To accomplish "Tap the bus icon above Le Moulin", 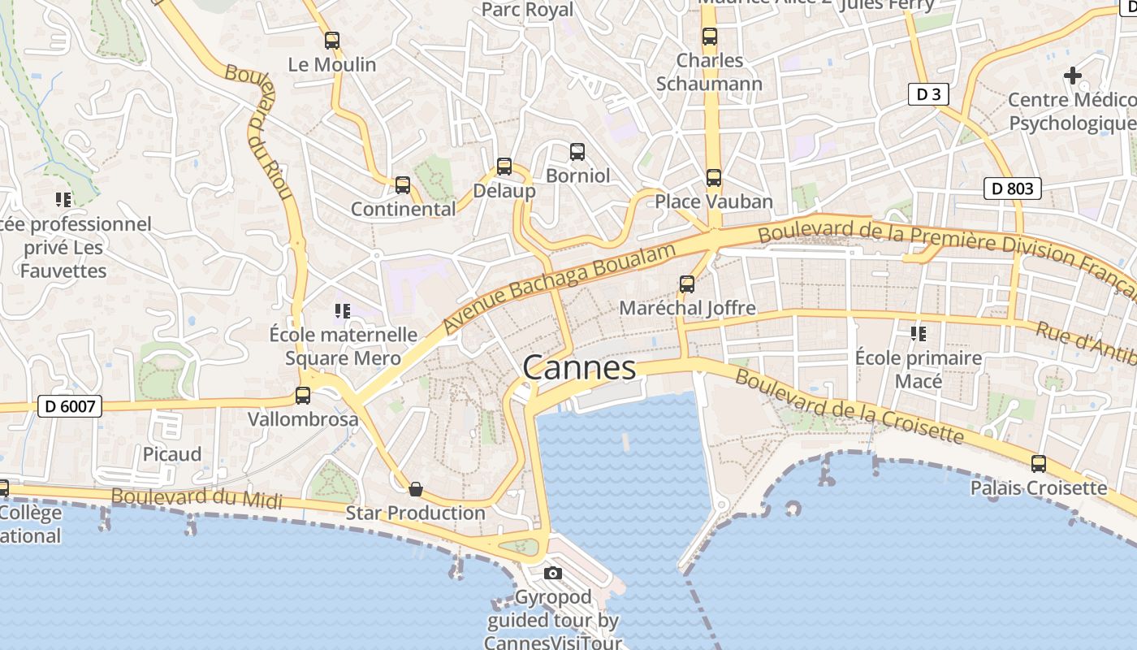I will (x=332, y=40).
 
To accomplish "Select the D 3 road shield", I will (x=928, y=94).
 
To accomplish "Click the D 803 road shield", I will (x=1013, y=189).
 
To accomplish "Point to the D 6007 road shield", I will (x=70, y=406).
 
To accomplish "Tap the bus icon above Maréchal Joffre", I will (x=687, y=284).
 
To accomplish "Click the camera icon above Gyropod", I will (x=553, y=573).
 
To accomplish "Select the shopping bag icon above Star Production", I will (x=416, y=488).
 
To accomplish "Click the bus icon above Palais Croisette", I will (x=1039, y=464).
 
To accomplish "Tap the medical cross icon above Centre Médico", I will (x=1073, y=76).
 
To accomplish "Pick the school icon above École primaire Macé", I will (x=919, y=333).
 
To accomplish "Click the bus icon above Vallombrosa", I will (x=303, y=396).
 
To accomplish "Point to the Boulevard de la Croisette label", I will (x=850, y=408).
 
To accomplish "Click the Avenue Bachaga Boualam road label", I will (x=560, y=288).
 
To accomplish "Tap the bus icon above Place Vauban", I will (x=714, y=177).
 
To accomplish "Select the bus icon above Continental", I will (x=403, y=185).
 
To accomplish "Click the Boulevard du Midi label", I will (x=197, y=498).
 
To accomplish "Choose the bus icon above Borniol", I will (x=577, y=151).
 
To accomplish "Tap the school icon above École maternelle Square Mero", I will (x=343, y=310).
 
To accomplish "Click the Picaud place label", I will (x=172, y=454).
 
